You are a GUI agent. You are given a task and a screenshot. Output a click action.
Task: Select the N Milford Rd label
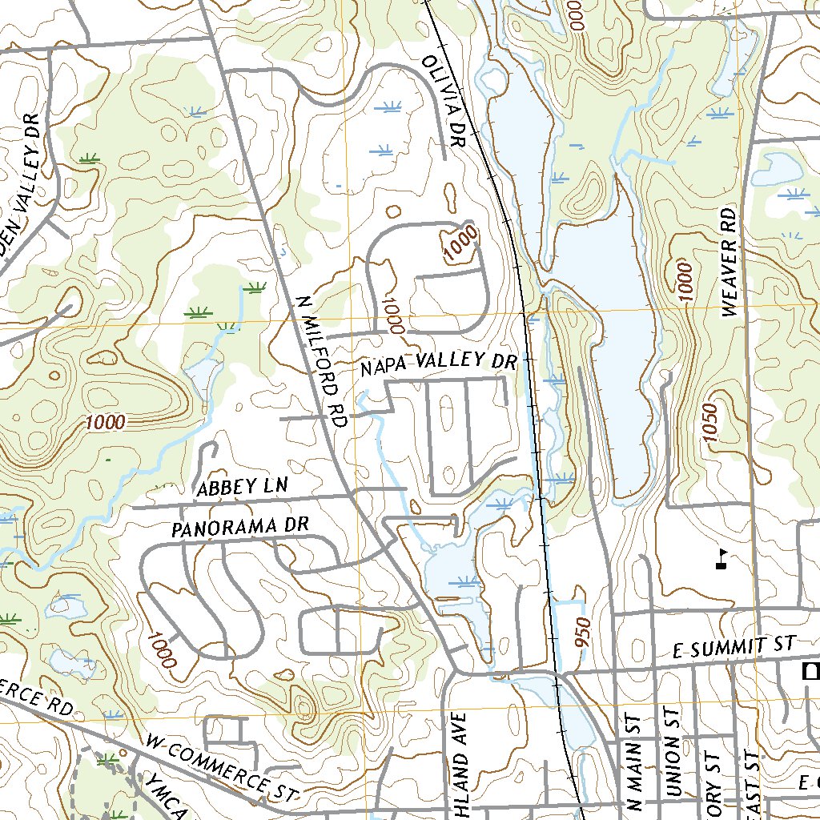point(319,360)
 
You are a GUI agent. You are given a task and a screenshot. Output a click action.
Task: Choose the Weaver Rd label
point(728,263)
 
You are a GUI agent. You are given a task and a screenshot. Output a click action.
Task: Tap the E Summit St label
point(734,649)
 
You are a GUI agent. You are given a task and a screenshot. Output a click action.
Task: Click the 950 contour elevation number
point(583,633)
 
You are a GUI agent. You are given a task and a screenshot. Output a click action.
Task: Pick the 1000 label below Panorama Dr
point(160,649)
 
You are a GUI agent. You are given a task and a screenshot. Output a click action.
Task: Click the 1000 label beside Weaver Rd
point(683,281)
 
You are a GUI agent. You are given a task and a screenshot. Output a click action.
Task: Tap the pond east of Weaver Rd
point(773,170)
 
